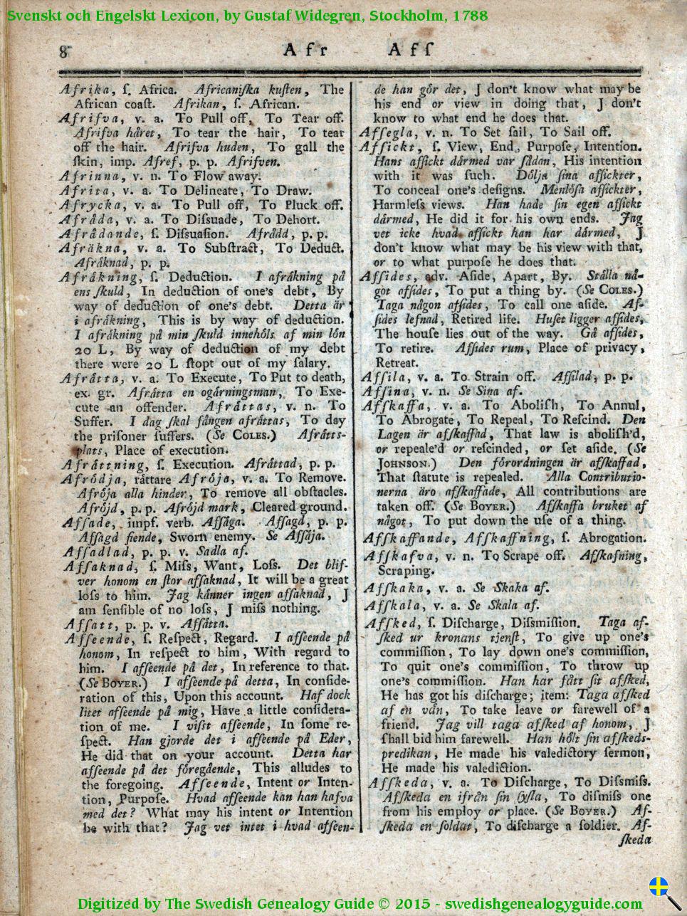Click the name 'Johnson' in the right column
[x=402, y=463]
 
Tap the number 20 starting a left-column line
[x=82, y=349]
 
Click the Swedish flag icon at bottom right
[x=659, y=887]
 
